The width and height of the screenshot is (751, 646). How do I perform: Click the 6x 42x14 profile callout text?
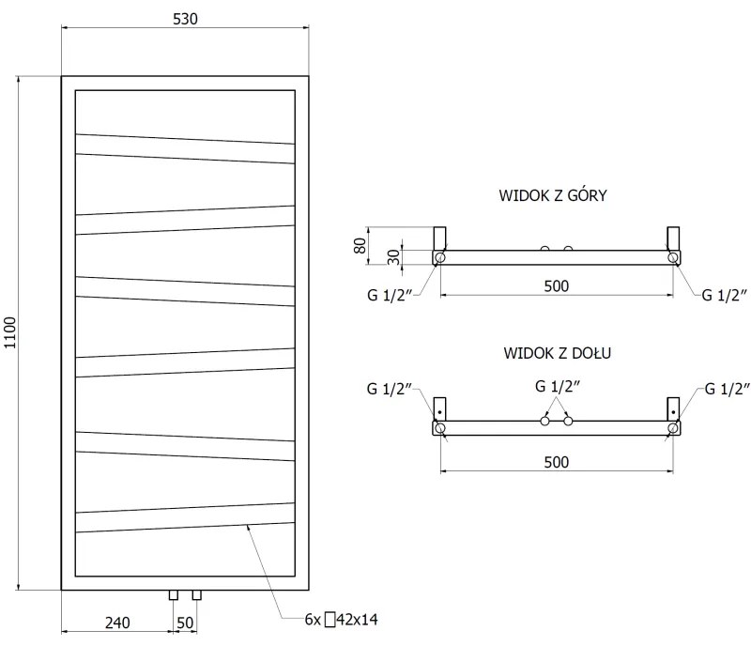pyautogui.click(x=342, y=619)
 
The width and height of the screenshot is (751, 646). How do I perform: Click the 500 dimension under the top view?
pyautogui.click(x=557, y=286)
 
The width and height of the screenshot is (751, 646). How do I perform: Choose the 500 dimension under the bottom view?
pyautogui.click(x=557, y=461)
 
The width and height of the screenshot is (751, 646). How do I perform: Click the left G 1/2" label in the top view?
pyautogui.click(x=388, y=294)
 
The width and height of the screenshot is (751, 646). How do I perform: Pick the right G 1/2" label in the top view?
pyautogui.click(x=725, y=294)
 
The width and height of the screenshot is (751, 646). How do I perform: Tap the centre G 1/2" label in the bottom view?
pyautogui.click(x=557, y=386)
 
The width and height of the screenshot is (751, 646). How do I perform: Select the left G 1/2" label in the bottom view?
pyautogui.click(x=388, y=389)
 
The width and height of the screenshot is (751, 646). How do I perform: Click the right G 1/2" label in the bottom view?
pyautogui.click(x=725, y=389)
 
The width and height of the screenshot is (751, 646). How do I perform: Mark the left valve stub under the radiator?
pyautogui.click(x=174, y=594)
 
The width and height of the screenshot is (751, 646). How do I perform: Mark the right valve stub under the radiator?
pyautogui.click(x=196, y=594)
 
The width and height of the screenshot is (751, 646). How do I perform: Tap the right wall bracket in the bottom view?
pyautogui.click(x=672, y=409)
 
